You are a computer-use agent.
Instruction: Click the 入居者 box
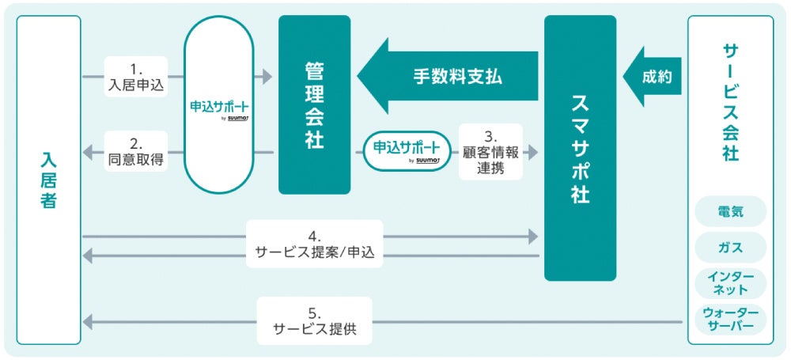click(48, 180)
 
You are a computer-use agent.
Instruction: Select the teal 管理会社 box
click(314, 104)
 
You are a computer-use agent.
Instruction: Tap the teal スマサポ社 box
click(580, 148)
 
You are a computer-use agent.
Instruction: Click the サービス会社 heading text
click(730, 103)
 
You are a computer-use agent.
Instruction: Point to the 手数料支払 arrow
click(448, 77)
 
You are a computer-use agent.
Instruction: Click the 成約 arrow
click(653, 78)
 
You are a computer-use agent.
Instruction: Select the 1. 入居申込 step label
click(135, 77)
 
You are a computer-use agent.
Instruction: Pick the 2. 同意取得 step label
click(135, 152)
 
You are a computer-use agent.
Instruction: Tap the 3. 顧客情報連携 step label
click(490, 151)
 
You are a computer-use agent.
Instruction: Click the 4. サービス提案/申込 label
click(314, 244)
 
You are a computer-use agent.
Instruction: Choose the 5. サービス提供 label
click(314, 321)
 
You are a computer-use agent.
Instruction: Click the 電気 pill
click(730, 212)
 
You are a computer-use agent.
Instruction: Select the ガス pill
click(730, 247)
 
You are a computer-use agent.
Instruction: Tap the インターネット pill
click(730, 282)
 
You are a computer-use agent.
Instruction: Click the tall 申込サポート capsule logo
click(219, 106)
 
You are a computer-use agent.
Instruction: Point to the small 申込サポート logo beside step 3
click(406, 150)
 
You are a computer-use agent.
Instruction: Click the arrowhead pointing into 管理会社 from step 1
click(267, 77)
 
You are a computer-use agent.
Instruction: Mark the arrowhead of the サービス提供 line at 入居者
click(88, 321)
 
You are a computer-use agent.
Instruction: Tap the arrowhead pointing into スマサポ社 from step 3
click(533, 151)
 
